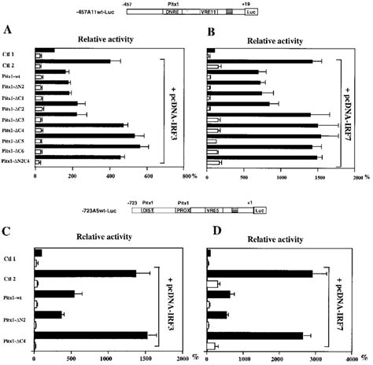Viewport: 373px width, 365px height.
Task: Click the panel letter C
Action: [x=7, y=233]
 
